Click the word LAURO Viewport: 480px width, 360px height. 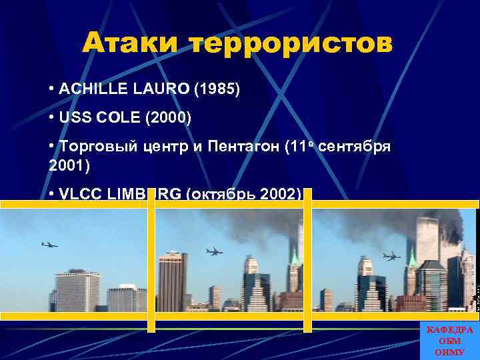point(154,89)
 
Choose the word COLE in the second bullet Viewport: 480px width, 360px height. point(109,119)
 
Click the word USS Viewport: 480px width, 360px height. point(72,119)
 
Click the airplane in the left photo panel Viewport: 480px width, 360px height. point(49,245)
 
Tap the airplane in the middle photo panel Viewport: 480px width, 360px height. point(214,251)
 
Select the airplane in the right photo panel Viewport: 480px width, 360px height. point(391,255)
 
